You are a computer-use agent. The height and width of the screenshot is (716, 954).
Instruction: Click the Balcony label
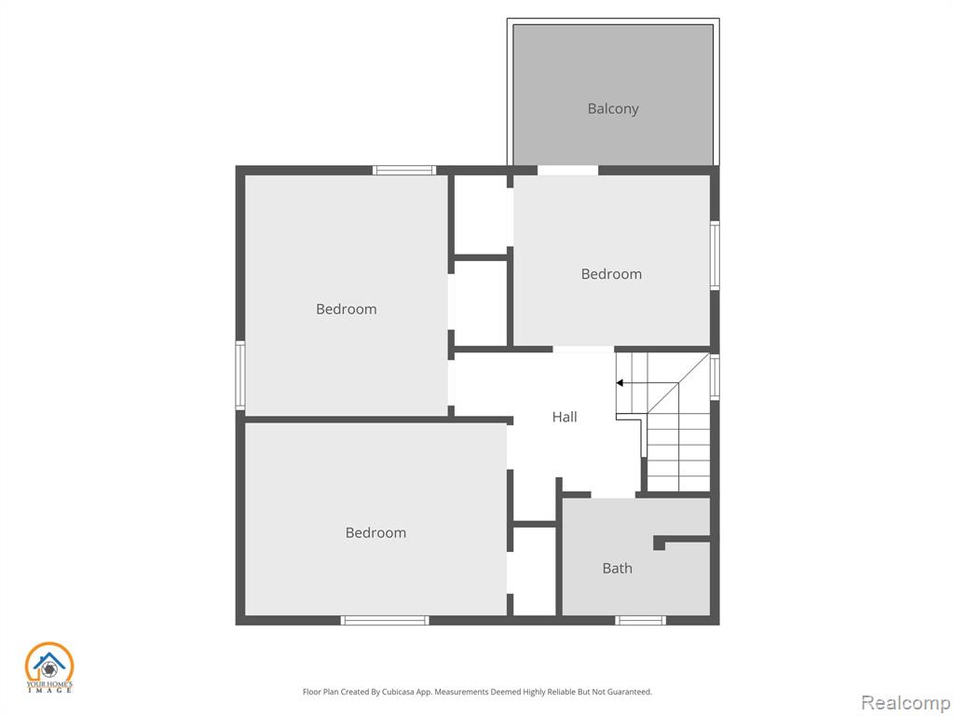click(613, 109)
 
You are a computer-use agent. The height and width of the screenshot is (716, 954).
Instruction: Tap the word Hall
click(565, 417)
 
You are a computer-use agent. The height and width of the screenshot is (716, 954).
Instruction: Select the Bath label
click(617, 568)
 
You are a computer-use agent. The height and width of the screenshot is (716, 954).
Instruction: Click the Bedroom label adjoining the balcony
click(611, 274)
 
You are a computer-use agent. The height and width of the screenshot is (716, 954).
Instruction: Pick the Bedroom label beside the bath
click(375, 532)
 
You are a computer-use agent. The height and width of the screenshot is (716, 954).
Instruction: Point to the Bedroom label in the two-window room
click(347, 309)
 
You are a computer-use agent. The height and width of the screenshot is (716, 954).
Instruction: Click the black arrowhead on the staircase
click(620, 383)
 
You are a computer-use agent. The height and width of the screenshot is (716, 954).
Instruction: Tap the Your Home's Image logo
click(48, 668)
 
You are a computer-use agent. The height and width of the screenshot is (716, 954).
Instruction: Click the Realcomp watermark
click(906, 703)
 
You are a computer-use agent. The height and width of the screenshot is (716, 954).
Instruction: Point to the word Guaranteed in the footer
click(631, 692)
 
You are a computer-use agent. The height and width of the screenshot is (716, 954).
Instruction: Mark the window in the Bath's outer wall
click(640, 620)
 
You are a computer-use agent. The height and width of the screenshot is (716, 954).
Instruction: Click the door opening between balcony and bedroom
click(567, 171)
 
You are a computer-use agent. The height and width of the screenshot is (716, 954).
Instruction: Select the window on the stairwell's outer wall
click(715, 377)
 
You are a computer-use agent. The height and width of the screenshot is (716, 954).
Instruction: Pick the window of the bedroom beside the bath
click(385, 620)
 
